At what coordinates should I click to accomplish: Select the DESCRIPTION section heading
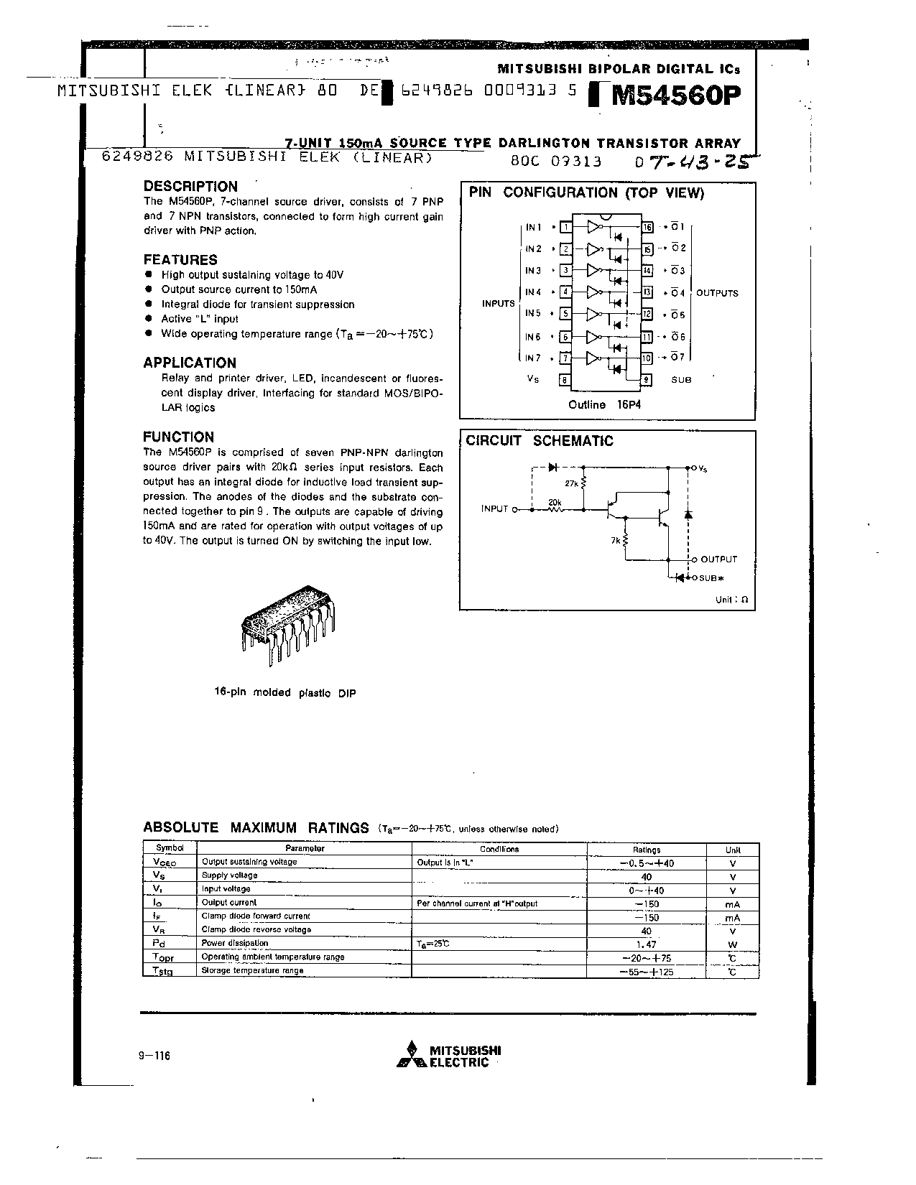click(190, 187)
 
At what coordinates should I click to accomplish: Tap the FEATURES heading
click(180, 260)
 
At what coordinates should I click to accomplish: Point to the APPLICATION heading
click(190, 363)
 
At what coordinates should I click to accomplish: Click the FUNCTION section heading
click(178, 437)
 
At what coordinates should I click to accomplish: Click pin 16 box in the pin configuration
click(647, 228)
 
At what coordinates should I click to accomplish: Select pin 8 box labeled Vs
click(565, 380)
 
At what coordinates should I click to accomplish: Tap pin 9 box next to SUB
click(647, 380)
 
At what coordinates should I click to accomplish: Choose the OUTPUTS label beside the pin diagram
click(717, 293)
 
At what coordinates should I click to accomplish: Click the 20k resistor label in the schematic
click(555, 502)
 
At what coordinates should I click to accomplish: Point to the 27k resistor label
click(572, 484)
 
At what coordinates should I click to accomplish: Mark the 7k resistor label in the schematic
click(616, 539)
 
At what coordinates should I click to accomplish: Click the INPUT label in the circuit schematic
click(494, 509)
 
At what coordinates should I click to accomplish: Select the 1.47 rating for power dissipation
click(647, 944)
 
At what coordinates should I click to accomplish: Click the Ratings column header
click(647, 849)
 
